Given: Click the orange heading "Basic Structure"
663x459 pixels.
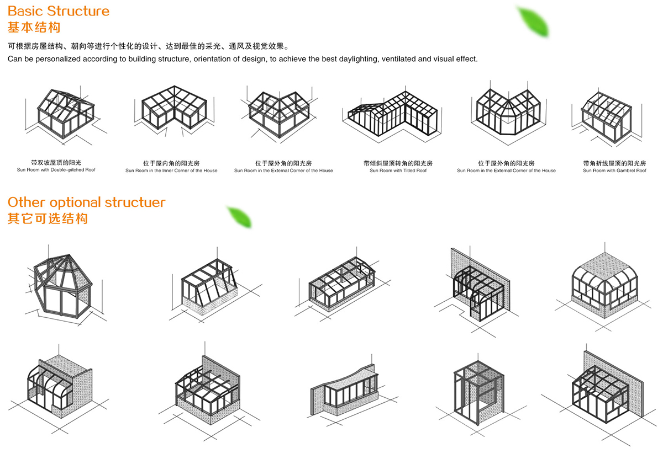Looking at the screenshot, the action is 59,11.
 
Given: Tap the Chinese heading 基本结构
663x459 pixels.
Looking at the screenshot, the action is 34,28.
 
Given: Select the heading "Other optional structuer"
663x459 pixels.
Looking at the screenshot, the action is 86,202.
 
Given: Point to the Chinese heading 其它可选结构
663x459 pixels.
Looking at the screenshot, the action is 48,218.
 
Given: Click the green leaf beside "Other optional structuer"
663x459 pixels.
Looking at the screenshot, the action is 240,217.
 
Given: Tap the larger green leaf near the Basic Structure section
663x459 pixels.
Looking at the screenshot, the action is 533,22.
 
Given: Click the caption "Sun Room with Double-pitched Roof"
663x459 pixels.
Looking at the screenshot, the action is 56,170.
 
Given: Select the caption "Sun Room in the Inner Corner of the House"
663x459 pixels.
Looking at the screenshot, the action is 171,170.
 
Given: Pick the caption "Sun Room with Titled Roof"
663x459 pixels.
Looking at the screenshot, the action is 398,170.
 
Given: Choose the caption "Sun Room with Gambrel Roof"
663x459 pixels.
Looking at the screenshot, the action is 614,170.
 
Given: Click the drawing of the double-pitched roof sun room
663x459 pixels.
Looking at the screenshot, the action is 65,116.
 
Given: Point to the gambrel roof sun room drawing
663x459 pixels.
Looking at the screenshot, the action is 607,118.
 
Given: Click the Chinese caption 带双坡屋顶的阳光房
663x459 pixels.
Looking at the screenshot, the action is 56,163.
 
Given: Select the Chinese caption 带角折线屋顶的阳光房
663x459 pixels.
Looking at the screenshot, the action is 614,163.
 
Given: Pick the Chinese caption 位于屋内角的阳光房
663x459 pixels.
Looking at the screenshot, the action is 171,163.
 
